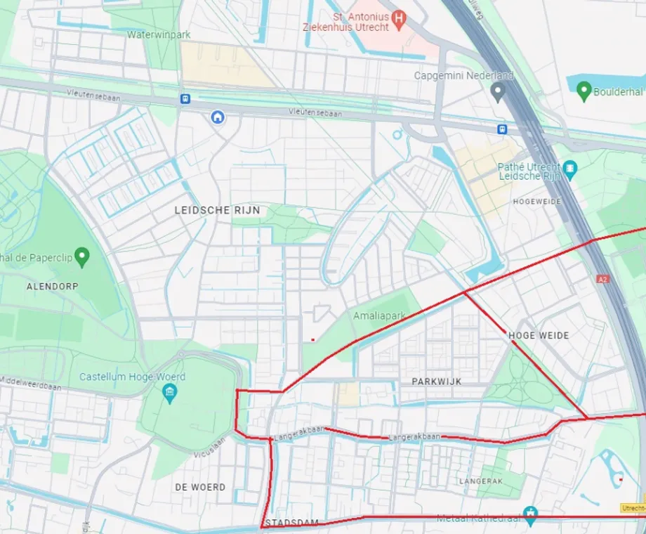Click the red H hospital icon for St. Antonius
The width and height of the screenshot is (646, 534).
[x=399, y=18]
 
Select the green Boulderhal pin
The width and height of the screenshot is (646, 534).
[x=583, y=91]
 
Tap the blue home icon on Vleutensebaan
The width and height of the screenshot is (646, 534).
[x=218, y=117]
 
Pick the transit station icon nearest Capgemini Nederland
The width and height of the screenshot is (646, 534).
[x=501, y=129]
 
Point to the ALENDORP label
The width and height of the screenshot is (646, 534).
[x=53, y=287]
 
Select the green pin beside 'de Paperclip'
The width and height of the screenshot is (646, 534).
[x=82, y=256]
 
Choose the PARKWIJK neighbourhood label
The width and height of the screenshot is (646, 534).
[x=436, y=381]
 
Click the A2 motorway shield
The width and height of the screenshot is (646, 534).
[x=602, y=279]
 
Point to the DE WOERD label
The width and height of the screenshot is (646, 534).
[x=200, y=487]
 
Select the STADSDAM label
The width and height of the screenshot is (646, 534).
[x=291, y=523]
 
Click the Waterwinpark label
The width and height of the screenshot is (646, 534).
[x=159, y=34]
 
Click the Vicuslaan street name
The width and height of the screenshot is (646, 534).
[x=211, y=444]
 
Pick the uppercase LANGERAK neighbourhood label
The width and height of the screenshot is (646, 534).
[x=481, y=481]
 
